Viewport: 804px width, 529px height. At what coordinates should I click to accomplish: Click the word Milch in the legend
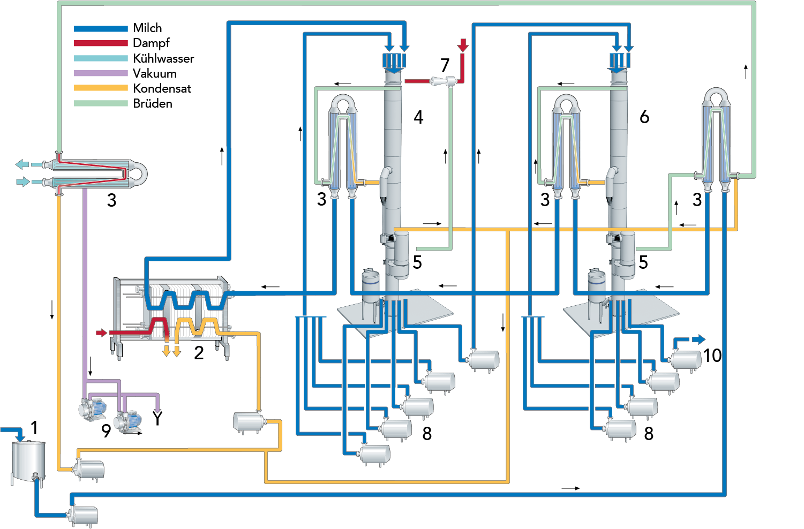point(147,28)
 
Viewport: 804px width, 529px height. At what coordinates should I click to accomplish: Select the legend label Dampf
point(151,43)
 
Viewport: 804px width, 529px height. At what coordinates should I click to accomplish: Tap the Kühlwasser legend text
point(163,58)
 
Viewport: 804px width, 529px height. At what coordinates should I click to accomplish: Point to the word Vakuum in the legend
point(154,73)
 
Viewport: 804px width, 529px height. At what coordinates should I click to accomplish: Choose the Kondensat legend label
point(162,88)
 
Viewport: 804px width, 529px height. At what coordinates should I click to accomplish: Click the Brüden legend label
point(153,103)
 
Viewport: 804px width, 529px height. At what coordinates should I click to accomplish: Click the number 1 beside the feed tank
point(34,428)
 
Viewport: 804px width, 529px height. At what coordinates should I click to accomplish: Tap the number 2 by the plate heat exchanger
point(199,353)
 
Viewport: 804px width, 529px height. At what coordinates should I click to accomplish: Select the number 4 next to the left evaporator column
point(418,117)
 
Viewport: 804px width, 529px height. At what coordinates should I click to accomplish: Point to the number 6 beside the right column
point(644,117)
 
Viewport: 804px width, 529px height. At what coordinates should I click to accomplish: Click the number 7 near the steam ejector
point(445,65)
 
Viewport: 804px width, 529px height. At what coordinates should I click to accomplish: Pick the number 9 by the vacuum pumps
point(106,430)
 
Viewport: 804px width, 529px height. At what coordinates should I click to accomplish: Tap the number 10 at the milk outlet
point(712,356)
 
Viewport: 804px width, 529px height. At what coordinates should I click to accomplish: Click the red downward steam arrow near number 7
point(463,46)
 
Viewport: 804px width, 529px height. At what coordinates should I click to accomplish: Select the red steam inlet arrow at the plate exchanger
point(102,333)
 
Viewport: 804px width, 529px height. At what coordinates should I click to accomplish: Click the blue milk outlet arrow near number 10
point(698,339)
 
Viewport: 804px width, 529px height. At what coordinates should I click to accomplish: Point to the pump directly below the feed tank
point(83,515)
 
